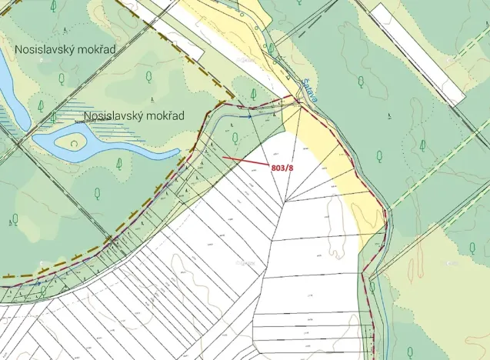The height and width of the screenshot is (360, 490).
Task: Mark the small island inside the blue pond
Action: [74, 142]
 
